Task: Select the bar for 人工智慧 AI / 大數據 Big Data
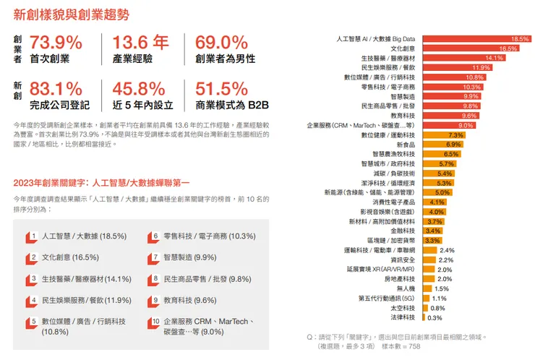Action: pos(476,38)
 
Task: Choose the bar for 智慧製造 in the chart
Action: pos(451,96)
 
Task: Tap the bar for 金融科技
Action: pos(432,231)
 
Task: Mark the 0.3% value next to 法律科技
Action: pos(435,317)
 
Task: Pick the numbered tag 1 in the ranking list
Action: pos(32,236)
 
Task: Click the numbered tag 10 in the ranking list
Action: pos(155,322)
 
